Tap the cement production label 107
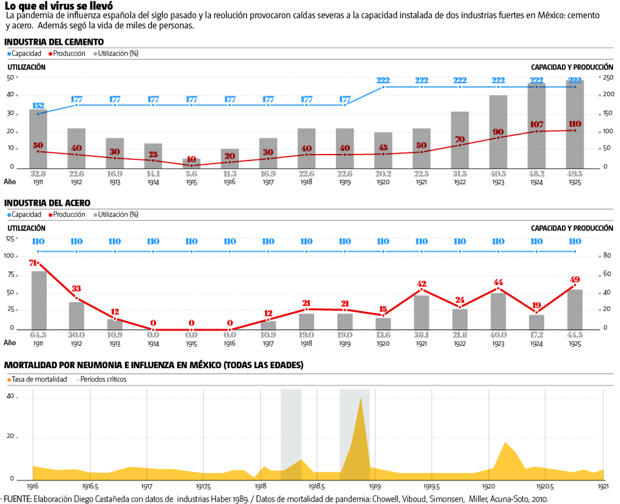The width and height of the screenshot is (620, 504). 537,124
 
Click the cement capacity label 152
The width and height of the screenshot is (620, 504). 38,105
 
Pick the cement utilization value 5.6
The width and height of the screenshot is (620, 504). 192,173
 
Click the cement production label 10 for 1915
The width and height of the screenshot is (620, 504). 192,159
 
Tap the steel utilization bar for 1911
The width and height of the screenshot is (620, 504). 39,300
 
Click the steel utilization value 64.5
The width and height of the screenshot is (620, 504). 39,334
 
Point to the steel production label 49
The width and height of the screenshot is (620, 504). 575,280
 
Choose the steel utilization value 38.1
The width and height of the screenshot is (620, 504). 421,334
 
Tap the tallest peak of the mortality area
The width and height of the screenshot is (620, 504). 360,399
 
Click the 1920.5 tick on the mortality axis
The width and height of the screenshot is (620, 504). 546,485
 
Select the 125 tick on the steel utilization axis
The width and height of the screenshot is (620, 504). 10,239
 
